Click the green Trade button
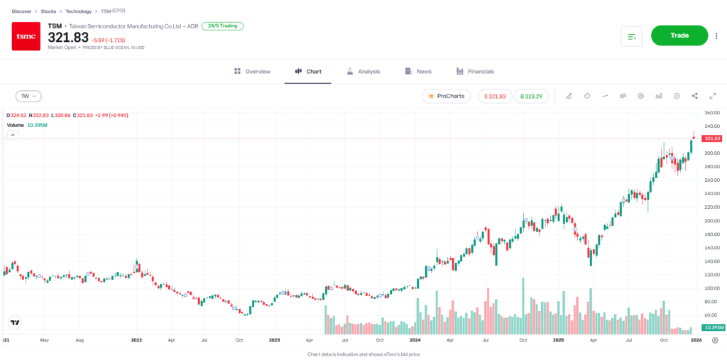(x=679, y=36)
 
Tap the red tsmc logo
(x=26, y=36)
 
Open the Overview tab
(x=252, y=72)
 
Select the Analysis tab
(x=363, y=72)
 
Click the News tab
(x=418, y=72)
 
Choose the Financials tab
(x=475, y=72)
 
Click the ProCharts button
(x=446, y=96)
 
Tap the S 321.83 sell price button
(x=495, y=96)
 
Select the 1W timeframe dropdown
(x=28, y=96)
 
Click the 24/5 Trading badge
(x=222, y=26)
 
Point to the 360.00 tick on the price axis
(x=711, y=113)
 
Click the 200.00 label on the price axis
(x=711, y=221)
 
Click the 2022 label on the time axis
(x=137, y=340)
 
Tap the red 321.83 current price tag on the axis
(x=711, y=138)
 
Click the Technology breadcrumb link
(x=78, y=11)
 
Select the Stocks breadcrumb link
(x=48, y=11)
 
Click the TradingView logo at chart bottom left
(x=13, y=322)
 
